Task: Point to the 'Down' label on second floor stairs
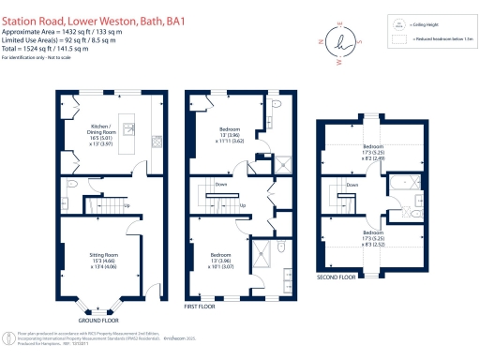coord(351,185)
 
